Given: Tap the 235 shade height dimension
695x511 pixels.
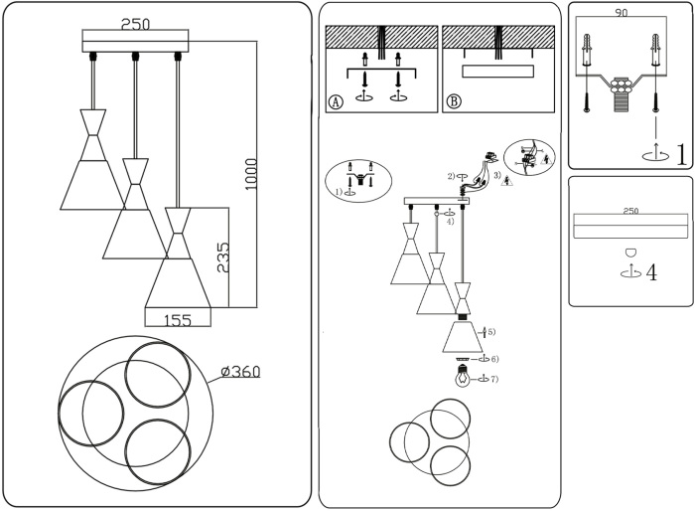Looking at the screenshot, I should pos(223,256).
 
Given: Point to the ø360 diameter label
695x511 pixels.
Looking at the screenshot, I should pos(240,372).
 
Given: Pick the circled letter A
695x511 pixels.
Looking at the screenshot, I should pos(336,101).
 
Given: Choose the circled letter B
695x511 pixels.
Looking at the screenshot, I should pos(454,101).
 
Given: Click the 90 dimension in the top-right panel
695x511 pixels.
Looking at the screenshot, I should pos(622,15).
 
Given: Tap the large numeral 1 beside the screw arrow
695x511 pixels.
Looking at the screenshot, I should pos(680,153).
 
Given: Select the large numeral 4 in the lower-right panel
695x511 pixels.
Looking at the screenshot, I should pos(651,272).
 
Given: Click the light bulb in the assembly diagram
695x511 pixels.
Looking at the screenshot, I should pos(462,377).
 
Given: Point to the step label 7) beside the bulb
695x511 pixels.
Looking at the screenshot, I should pos(493,379).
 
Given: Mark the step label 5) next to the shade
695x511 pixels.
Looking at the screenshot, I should pos(490,331).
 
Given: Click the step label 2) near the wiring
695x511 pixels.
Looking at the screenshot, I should pos(451,176).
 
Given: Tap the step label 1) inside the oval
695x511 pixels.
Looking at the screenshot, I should pos(338,191).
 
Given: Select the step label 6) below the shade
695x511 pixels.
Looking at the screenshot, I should pos(493,358).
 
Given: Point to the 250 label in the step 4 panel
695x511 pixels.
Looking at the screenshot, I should pos(629,211).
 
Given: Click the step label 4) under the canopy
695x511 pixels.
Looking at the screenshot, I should pos(450,222).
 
